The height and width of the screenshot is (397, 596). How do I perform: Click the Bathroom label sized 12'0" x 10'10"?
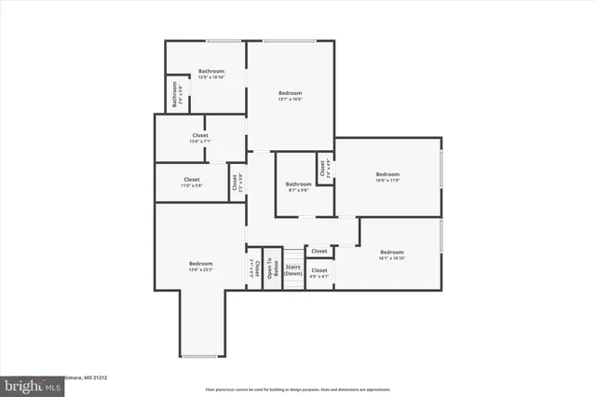(211, 75)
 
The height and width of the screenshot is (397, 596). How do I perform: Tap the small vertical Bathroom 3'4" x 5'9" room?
(173, 95)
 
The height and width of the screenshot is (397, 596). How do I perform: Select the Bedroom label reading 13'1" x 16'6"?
(291, 95)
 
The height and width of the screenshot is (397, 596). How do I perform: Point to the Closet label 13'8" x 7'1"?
(200, 139)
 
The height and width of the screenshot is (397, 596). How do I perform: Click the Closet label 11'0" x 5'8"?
(191, 182)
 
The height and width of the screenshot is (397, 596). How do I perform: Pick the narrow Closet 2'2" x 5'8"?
(237, 183)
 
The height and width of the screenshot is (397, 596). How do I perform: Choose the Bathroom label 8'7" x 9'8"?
(298, 186)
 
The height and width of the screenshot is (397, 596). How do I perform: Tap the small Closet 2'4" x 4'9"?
(325, 169)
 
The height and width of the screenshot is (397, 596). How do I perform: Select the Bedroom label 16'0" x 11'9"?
(387, 177)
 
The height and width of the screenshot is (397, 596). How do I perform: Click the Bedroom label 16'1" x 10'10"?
(391, 255)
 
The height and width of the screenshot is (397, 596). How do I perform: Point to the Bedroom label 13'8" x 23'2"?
(200, 267)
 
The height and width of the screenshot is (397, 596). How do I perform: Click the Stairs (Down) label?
(293, 270)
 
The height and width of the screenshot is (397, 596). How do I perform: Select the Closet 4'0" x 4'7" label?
(319, 273)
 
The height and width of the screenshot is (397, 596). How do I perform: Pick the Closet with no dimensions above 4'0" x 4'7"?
(319, 251)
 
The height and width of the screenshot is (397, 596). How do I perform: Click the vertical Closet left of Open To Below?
(251, 269)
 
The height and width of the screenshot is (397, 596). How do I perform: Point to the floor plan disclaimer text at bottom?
(298, 389)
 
